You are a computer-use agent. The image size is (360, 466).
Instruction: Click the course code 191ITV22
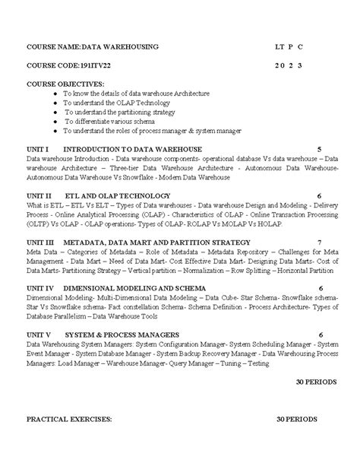99,65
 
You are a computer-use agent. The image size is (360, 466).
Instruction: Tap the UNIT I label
38,149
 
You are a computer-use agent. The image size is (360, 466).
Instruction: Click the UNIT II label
39,195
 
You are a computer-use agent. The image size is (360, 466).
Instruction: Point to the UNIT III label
41,242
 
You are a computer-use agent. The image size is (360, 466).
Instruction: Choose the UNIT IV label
41,288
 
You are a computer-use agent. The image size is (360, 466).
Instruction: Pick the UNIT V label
39,334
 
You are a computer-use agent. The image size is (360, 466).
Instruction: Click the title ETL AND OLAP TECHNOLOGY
118,195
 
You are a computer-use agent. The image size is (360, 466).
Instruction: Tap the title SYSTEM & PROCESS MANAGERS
122,334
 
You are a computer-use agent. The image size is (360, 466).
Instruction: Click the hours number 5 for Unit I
319,149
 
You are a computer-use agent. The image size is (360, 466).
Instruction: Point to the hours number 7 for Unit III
320,242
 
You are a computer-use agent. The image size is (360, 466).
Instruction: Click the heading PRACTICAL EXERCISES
69,419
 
